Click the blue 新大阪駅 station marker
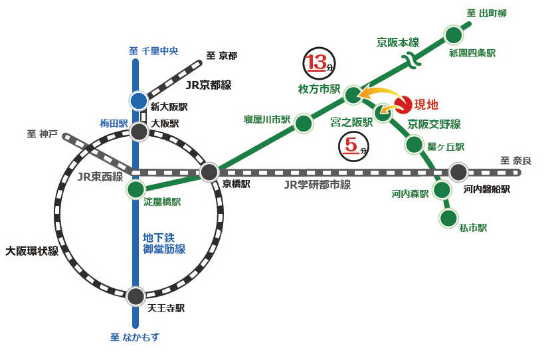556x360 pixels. click(138, 101)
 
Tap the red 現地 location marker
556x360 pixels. click(403, 105)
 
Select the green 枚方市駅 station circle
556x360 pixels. click(353, 95)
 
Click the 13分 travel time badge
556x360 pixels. click(318, 63)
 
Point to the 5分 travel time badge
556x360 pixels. click(353, 146)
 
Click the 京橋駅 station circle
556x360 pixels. click(209, 172)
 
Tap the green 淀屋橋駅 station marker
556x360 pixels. click(136, 190)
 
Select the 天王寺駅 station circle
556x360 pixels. click(136, 296)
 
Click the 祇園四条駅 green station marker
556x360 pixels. click(453, 35)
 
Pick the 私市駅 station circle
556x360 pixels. click(448, 218)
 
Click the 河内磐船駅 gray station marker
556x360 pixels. click(458, 172)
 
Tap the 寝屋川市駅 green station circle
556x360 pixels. click(304, 124)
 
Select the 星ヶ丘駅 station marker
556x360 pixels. click(414, 144)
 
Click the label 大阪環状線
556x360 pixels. click(32, 251)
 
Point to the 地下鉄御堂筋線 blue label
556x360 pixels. click(163, 243)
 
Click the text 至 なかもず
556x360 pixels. click(135, 337)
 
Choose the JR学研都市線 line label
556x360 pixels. click(317, 185)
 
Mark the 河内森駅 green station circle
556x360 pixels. click(442, 190)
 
